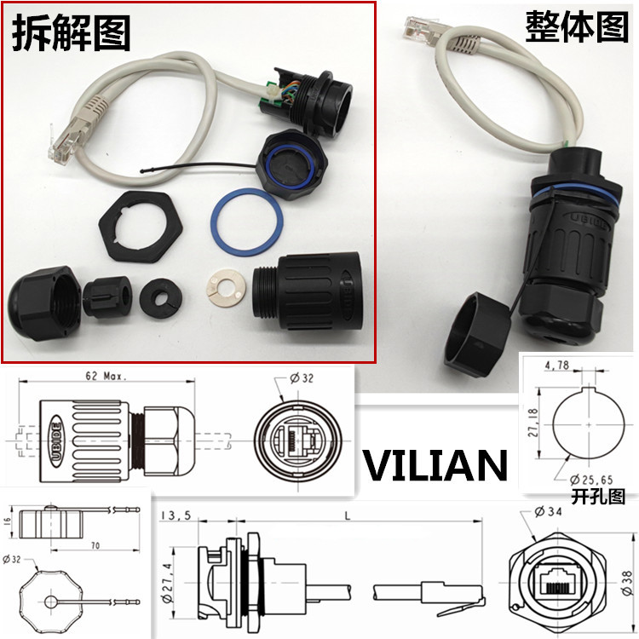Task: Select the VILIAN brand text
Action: pos(435,465)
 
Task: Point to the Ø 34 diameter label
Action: pos(553,512)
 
